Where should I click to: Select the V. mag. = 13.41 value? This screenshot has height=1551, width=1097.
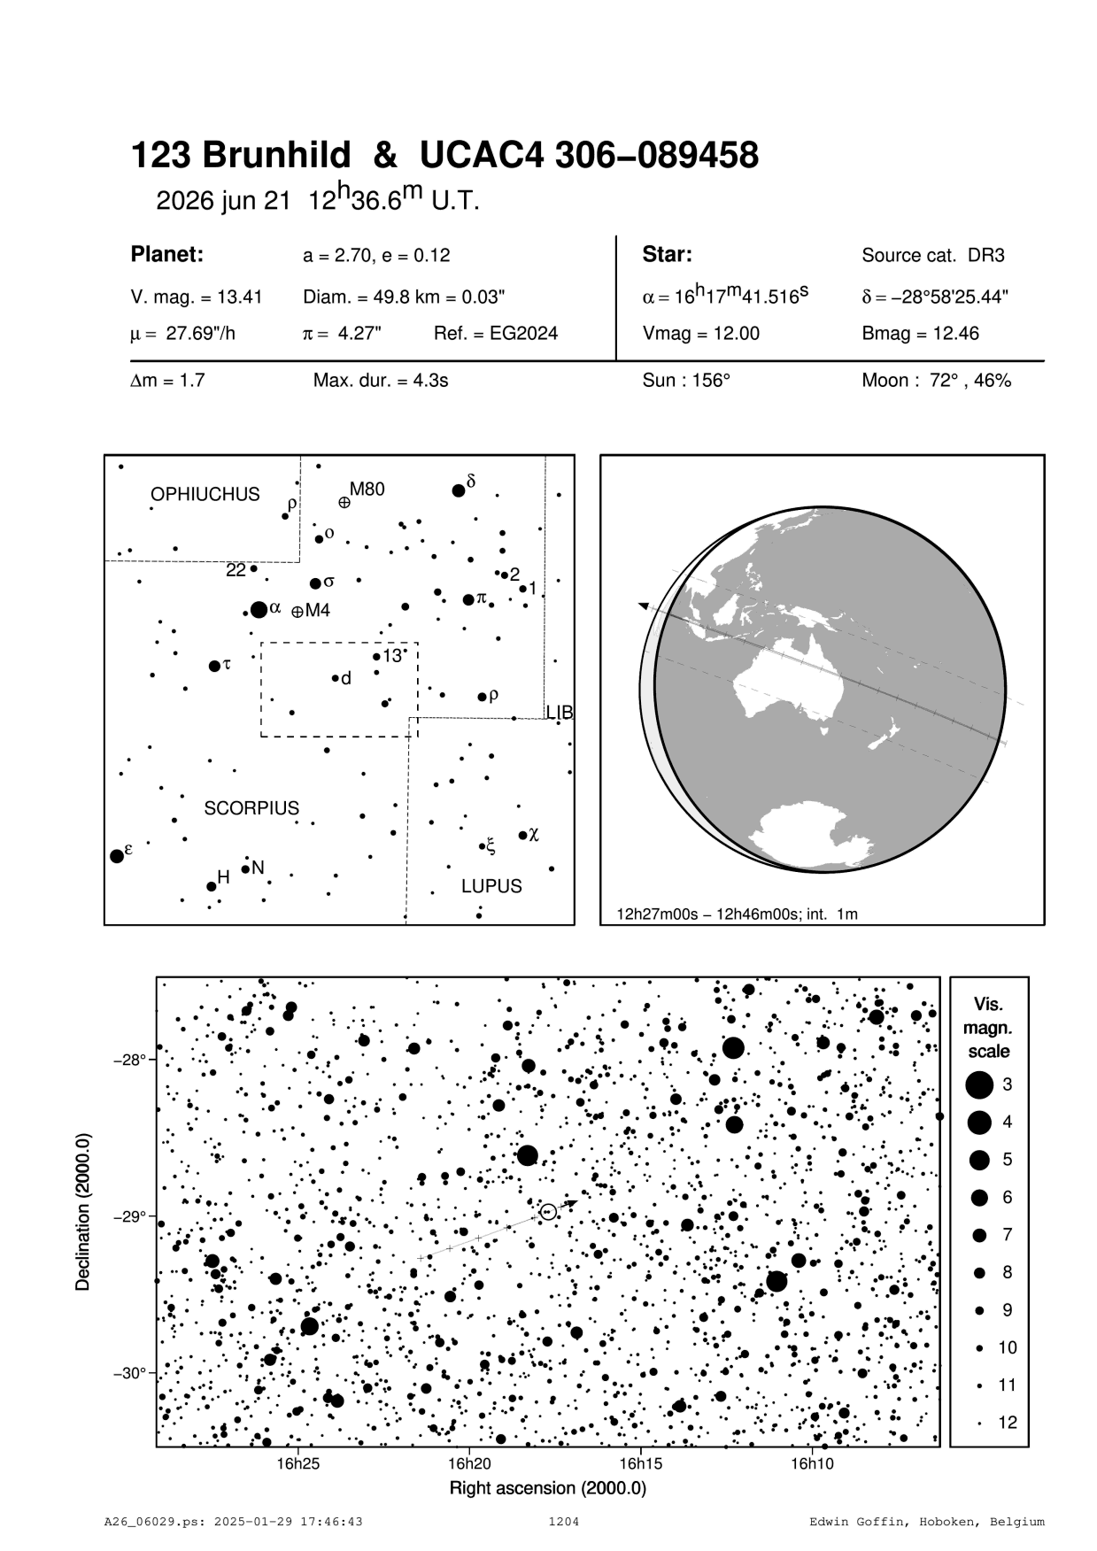196,297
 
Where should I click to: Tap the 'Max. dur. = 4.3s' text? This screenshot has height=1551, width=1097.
381,381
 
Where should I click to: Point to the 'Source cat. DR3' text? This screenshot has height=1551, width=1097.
932,256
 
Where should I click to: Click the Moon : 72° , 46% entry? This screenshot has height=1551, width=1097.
936,381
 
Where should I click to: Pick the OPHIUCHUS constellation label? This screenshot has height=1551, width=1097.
205,494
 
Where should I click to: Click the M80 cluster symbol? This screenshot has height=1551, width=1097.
344,503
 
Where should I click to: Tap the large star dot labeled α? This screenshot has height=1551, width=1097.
259,609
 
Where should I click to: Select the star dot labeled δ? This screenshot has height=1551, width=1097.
459,490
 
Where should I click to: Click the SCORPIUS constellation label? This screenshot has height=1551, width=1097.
251,808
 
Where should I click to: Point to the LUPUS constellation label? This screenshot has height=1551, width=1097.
491,886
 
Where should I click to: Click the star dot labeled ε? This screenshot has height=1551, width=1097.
116,856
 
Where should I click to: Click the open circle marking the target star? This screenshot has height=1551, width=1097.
548,1211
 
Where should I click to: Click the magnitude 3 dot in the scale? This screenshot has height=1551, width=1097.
979,1084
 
